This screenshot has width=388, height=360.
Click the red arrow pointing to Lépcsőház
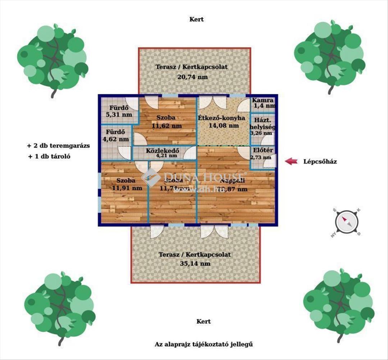tap(291, 161)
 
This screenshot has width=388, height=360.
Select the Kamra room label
tap(263, 100)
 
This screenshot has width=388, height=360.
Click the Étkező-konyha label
tap(221, 118)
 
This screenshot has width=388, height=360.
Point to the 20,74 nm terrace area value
tap(192, 76)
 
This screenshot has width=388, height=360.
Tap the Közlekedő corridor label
tap(161, 151)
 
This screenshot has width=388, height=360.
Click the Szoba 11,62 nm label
tap(166, 122)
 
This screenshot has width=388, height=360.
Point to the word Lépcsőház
tap(320, 162)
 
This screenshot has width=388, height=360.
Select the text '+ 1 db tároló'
tap(51, 157)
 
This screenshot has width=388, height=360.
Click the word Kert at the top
tap(196, 19)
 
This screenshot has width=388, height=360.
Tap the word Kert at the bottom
tap(204, 321)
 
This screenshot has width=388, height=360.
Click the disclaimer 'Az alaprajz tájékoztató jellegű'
tap(204, 345)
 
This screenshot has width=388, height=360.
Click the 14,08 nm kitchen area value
tap(224, 126)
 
